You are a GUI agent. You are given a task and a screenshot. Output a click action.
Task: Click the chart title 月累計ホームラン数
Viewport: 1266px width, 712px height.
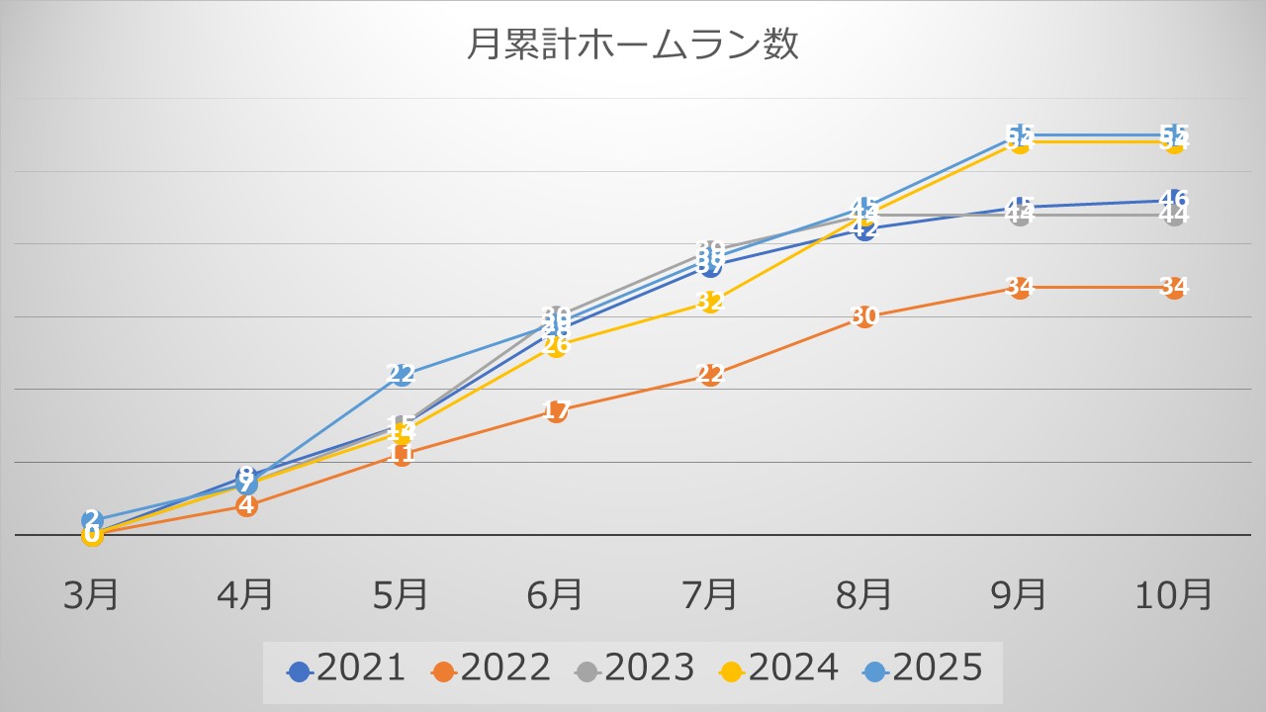[632, 45]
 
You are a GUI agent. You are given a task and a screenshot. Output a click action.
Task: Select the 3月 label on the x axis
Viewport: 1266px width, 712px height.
[92, 595]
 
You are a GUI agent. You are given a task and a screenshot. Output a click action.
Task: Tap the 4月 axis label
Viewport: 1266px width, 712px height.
[246, 595]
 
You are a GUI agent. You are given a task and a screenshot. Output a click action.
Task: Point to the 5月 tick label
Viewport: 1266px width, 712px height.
[401, 595]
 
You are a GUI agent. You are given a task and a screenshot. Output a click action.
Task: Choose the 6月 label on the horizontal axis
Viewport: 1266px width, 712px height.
[555, 595]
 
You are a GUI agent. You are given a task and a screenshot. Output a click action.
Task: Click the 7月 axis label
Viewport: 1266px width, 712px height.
[709, 595]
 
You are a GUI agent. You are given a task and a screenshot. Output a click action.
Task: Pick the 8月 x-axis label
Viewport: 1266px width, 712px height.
[863, 595]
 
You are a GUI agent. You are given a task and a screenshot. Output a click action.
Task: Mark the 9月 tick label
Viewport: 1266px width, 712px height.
[1019, 595]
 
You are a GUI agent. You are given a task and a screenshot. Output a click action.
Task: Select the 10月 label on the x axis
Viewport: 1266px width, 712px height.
[1173, 595]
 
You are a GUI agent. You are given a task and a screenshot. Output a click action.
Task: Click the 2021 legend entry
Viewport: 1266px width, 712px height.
[346, 669]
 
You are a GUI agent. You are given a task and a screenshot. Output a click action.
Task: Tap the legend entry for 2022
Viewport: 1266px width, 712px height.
[491, 669]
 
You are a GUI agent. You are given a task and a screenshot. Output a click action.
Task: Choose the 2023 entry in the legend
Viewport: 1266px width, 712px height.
[635, 669]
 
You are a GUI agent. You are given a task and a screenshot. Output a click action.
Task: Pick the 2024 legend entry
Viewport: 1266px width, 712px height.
[779, 669]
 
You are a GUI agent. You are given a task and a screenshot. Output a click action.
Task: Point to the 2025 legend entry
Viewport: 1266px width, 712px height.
[924, 669]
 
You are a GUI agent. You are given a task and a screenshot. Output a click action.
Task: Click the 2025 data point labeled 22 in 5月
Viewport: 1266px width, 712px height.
[401, 375]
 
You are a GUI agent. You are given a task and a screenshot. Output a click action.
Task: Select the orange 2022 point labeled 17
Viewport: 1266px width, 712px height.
[555, 411]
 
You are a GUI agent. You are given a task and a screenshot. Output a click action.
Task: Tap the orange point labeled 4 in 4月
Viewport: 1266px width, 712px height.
[246, 506]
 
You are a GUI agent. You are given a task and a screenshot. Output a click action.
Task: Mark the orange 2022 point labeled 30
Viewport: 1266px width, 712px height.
[863, 316]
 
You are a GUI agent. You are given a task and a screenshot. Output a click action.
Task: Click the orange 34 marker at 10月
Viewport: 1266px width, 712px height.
[1173, 288]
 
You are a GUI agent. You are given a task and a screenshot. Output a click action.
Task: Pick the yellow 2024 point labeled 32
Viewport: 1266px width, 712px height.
[709, 302]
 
